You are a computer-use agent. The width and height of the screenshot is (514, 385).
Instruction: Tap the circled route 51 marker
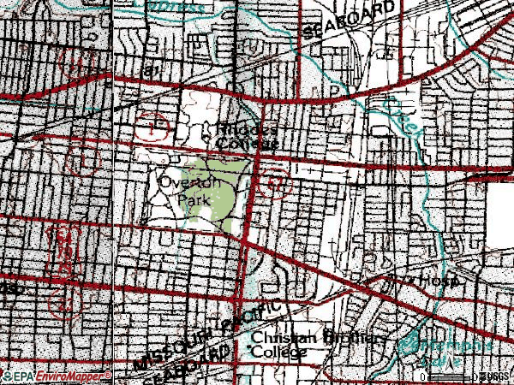(x=274, y=183)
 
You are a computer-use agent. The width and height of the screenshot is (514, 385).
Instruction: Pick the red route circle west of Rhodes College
(x=152, y=128)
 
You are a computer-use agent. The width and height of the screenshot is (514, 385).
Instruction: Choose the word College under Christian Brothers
(x=278, y=352)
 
